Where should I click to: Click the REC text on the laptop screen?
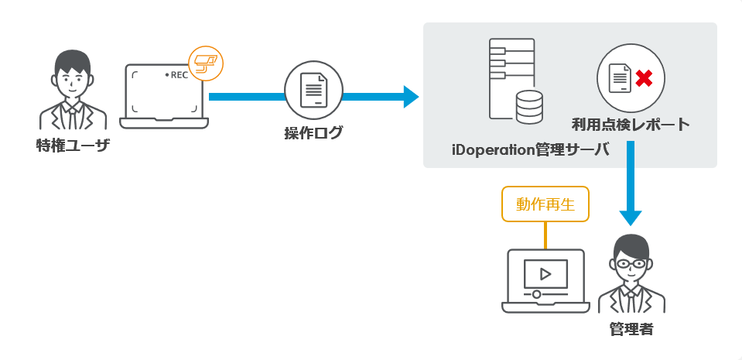click(x=179, y=75)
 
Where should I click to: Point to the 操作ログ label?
click(x=313, y=133)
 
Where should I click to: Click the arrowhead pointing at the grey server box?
click(x=410, y=97)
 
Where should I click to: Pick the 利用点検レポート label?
click(x=631, y=124)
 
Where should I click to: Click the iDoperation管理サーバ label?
click(x=530, y=149)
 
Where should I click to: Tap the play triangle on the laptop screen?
click(x=545, y=273)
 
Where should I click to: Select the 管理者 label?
click(x=631, y=329)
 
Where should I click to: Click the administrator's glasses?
click(x=632, y=263)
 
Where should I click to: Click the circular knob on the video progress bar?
click(x=536, y=295)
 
